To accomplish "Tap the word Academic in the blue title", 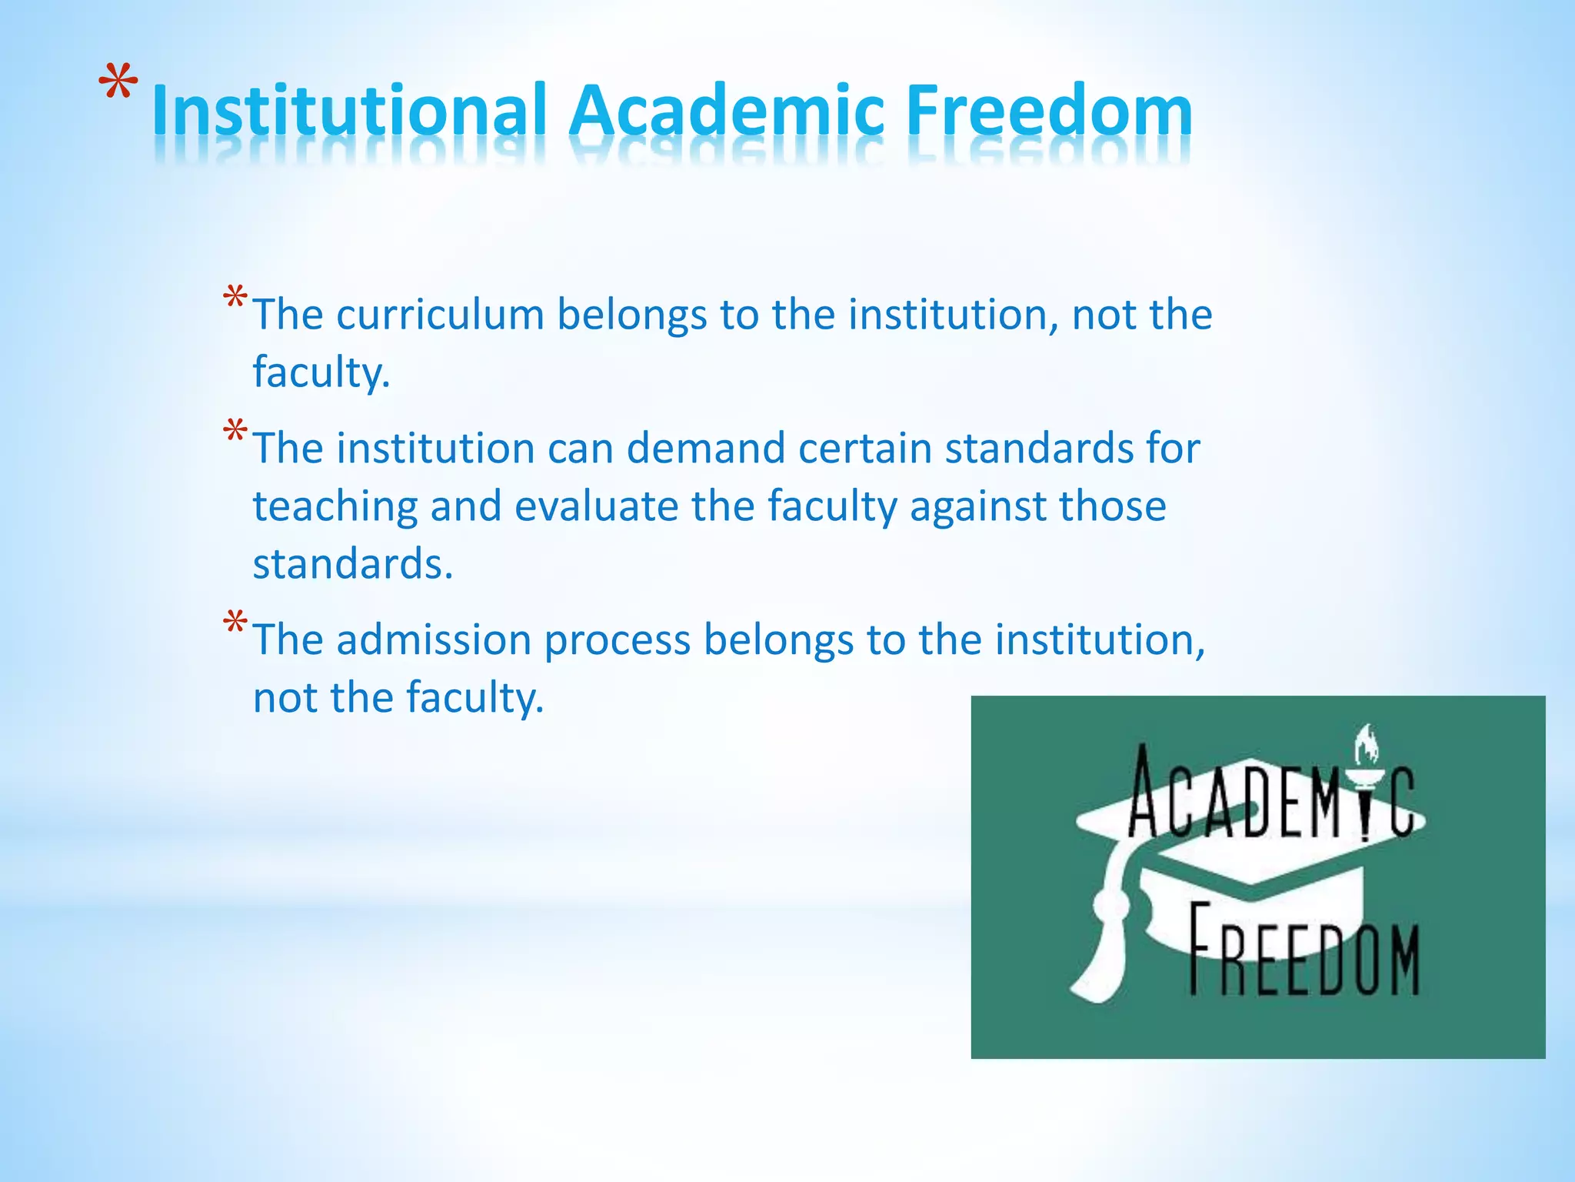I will click(x=727, y=112).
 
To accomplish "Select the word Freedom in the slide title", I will click(x=1049, y=112).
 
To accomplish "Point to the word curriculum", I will click(x=440, y=315).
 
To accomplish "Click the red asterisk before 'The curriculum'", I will click(x=235, y=299).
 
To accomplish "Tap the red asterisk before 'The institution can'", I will click(x=235, y=432).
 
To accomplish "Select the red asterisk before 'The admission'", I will click(x=235, y=623).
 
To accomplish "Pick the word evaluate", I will click(x=596, y=506).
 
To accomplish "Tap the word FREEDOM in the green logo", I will click(x=1304, y=951).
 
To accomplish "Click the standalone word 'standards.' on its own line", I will click(x=353, y=564).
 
